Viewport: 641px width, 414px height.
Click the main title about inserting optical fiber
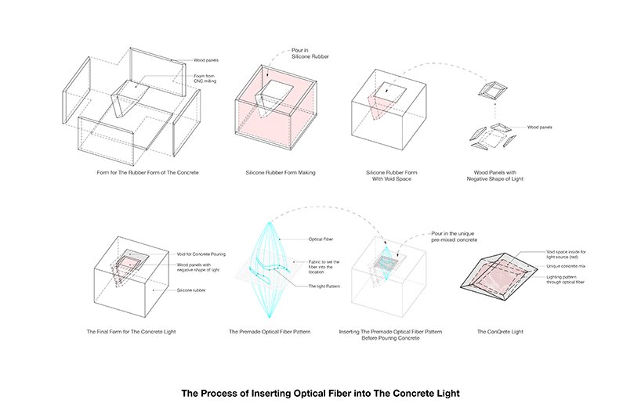pos(321,393)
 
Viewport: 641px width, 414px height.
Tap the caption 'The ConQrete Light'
pos(500,332)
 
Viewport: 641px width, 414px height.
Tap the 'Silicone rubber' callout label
pos(193,290)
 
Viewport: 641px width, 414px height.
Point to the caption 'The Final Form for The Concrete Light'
pos(131,332)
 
